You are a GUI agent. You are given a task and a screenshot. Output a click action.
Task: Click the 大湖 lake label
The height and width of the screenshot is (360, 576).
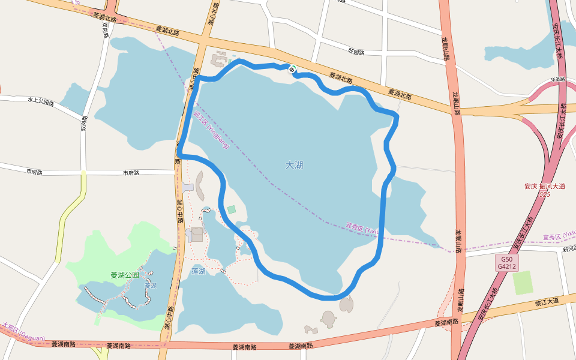tap(294, 165)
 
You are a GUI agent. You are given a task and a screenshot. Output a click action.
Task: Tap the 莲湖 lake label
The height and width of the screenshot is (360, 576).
tap(199, 271)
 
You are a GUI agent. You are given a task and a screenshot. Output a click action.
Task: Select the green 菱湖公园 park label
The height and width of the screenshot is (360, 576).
tap(125, 275)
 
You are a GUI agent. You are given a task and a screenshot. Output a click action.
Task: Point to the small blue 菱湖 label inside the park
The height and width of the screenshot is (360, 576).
tap(150, 286)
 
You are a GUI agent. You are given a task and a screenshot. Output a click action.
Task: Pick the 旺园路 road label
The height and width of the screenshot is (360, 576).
tap(356, 52)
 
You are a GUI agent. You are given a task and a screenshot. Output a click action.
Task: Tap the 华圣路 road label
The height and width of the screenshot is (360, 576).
tap(542, 80)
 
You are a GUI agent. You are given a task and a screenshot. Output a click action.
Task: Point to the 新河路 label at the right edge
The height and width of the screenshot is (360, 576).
tap(569, 248)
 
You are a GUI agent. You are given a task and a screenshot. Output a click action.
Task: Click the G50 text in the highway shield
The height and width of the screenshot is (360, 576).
tap(506, 259)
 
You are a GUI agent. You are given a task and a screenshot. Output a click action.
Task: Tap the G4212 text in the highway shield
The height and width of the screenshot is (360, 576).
tap(506, 266)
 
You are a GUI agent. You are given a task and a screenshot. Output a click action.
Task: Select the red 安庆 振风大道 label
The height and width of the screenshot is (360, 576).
tap(545, 187)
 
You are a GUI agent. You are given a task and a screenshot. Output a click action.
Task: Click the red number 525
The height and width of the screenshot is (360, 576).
tap(545, 194)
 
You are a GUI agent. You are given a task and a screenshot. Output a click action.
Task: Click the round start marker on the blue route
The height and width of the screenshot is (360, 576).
tap(292, 70)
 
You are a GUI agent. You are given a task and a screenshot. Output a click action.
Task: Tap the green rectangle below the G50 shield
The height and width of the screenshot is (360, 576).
tap(523, 283)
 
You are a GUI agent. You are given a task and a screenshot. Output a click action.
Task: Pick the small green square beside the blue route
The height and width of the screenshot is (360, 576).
tap(231, 209)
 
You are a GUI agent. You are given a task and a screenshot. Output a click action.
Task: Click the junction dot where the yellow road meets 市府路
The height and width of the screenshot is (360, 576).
tap(83, 173)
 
